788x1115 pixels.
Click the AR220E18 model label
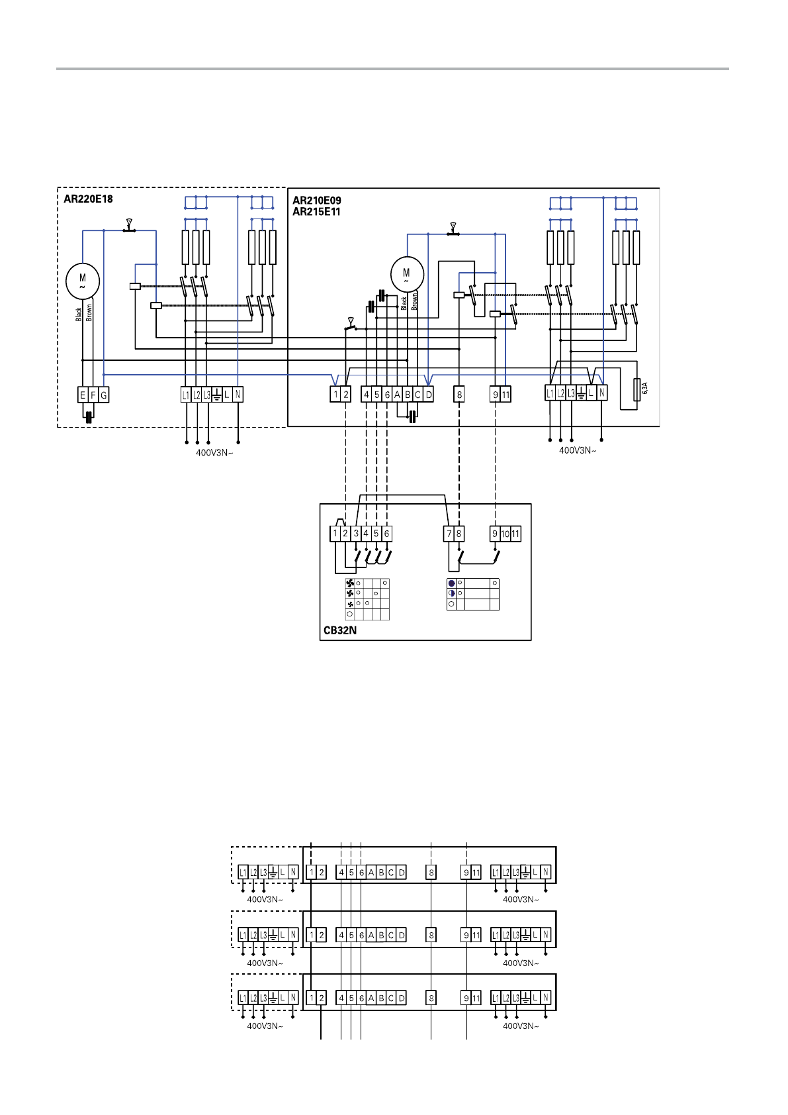pyautogui.click(x=88, y=199)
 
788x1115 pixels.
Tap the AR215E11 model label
pyautogui.click(x=316, y=212)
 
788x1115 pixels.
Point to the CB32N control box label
pyautogui.click(x=340, y=630)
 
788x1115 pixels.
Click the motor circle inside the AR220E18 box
pyautogui.click(x=83, y=281)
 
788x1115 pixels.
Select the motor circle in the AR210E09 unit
pyautogui.click(x=407, y=273)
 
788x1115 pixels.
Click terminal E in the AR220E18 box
pyautogui.click(x=83, y=395)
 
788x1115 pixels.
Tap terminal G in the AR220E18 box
pyautogui.click(x=103, y=395)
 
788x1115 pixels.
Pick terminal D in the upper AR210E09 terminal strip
pyautogui.click(x=428, y=395)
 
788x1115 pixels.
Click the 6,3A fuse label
pyautogui.click(x=644, y=388)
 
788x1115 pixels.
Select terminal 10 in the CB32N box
pyautogui.click(x=505, y=534)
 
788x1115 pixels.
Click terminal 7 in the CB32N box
pyautogui.click(x=449, y=534)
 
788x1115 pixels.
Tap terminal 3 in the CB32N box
pyautogui.click(x=356, y=534)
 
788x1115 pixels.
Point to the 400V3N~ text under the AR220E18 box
pyautogui.click(x=214, y=453)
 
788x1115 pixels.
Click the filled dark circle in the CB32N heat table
pyautogui.click(x=451, y=583)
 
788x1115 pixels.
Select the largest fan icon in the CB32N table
pyautogui.click(x=350, y=583)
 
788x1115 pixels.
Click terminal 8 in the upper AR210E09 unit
pyautogui.click(x=459, y=395)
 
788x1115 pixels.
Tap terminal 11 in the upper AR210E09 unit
pyautogui.click(x=505, y=395)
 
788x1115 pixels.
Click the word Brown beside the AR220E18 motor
pyautogui.click(x=89, y=313)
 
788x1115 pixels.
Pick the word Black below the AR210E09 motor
pyautogui.click(x=404, y=303)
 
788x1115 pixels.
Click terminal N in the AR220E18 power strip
pyautogui.click(x=238, y=395)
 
